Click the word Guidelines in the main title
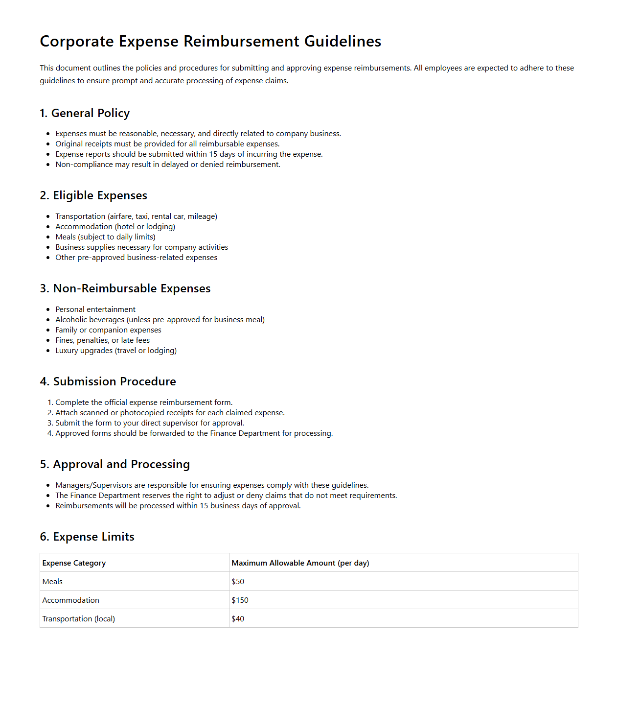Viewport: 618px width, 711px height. tap(343, 42)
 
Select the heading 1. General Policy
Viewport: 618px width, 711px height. tap(85, 113)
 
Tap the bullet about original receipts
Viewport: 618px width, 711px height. tap(167, 144)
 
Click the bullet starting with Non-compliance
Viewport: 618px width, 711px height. tap(167, 165)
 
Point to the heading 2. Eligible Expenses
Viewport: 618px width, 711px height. tap(93, 195)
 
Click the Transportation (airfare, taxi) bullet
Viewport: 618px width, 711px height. tap(136, 216)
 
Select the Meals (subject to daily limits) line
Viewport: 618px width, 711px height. tap(105, 237)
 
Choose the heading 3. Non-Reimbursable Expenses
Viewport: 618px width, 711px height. tap(125, 288)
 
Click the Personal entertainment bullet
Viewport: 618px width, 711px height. tap(95, 309)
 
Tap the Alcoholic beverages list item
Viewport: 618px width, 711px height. tap(160, 320)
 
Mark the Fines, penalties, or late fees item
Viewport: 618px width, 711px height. tap(102, 340)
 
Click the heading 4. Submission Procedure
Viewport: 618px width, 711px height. tap(108, 381)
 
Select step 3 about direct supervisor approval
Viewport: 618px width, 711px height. tap(149, 423)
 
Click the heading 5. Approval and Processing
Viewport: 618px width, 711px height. tap(114, 464)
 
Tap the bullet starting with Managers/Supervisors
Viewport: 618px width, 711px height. tap(211, 485)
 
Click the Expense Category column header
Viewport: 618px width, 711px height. tap(74, 563)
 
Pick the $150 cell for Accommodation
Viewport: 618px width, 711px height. tap(240, 600)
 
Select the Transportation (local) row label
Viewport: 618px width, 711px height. tap(79, 619)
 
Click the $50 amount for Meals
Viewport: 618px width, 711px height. tap(238, 582)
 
